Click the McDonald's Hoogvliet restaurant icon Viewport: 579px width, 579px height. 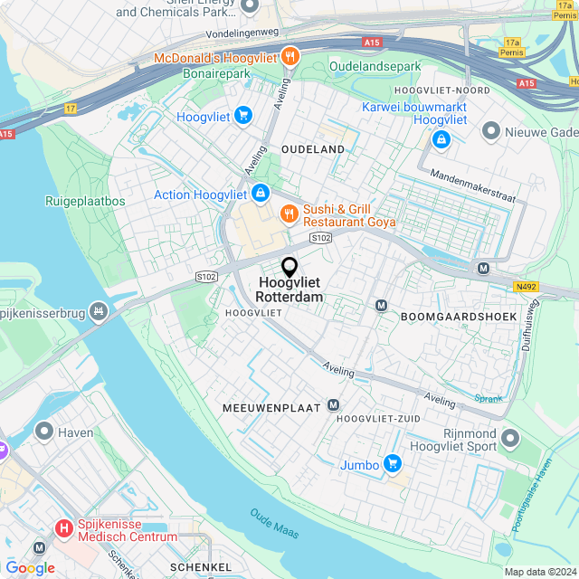(x=289, y=55)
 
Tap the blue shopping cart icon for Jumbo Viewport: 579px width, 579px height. (x=392, y=464)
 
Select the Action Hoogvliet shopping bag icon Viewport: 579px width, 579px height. (x=260, y=194)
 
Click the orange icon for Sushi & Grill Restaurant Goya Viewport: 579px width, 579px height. (x=289, y=214)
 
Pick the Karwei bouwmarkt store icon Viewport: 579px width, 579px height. (x=441, y=139)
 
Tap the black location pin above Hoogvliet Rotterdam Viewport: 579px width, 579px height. (x=289, y=267)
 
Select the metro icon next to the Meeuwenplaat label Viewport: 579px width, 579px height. (x=335, y=406)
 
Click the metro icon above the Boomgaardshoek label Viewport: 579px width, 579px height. (x=381, y=306)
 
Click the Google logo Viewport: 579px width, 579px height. (x=30, y=568)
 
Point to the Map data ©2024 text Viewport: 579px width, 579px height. (x=539, y=572)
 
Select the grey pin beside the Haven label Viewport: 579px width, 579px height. (x=43, y=432)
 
